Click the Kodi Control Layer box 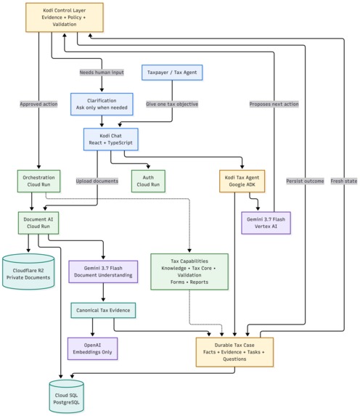point(65,17)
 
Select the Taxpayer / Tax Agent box point(172,73)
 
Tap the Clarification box point(102,104)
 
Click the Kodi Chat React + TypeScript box point(110,139)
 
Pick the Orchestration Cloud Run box point(38,181)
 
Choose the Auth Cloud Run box point(148,181)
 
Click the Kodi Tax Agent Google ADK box point(242,181)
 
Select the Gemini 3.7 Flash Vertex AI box point(266,223)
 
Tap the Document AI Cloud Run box point(38,223)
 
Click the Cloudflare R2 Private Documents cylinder point(28,272)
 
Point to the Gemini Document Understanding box point(103,272)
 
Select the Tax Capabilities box point(189,272)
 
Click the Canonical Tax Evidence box point(103,310)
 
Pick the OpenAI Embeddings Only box point(92,348)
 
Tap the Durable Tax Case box point(234,352)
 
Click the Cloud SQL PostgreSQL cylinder point(66,396)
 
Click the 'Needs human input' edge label point(102,72)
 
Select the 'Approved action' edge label point(38,104)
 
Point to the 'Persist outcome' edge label point(305,181)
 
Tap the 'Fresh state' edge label point(344,181)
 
